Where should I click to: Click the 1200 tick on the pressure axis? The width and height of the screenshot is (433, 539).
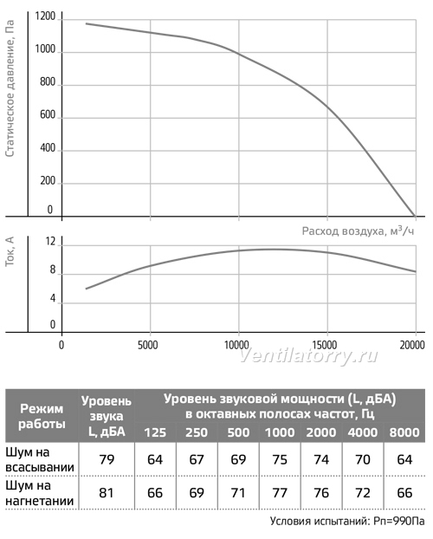point(45,16)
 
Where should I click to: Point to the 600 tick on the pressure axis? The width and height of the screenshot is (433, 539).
point(48,114)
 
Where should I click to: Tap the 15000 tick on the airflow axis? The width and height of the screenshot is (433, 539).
point(325,345)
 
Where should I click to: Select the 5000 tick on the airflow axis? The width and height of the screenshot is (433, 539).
point(148,345)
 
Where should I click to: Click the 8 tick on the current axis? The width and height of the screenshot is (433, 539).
point(52,269)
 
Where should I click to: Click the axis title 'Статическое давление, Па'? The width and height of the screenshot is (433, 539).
point(10,88)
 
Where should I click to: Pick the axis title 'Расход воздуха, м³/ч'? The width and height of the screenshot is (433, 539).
point(358,231)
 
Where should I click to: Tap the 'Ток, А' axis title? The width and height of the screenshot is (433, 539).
point(10,251)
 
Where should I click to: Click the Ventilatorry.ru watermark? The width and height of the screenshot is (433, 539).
point(308,356)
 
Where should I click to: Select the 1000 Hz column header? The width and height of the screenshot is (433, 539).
point(280,432)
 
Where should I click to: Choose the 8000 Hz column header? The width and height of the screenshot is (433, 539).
point(404,432)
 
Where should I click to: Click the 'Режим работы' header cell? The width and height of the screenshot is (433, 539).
point(42,416)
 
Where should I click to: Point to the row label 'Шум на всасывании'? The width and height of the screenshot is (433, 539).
point(40,459)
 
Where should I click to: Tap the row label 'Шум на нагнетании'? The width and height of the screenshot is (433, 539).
point(40,493)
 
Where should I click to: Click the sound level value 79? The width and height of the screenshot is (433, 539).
point(107,459)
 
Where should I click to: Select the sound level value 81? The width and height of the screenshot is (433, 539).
point(107,493)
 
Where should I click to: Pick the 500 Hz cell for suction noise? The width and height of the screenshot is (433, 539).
point(238,459)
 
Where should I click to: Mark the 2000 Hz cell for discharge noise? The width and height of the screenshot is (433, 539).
point(321,493)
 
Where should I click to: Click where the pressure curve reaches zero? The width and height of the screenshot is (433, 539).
point(415,217)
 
